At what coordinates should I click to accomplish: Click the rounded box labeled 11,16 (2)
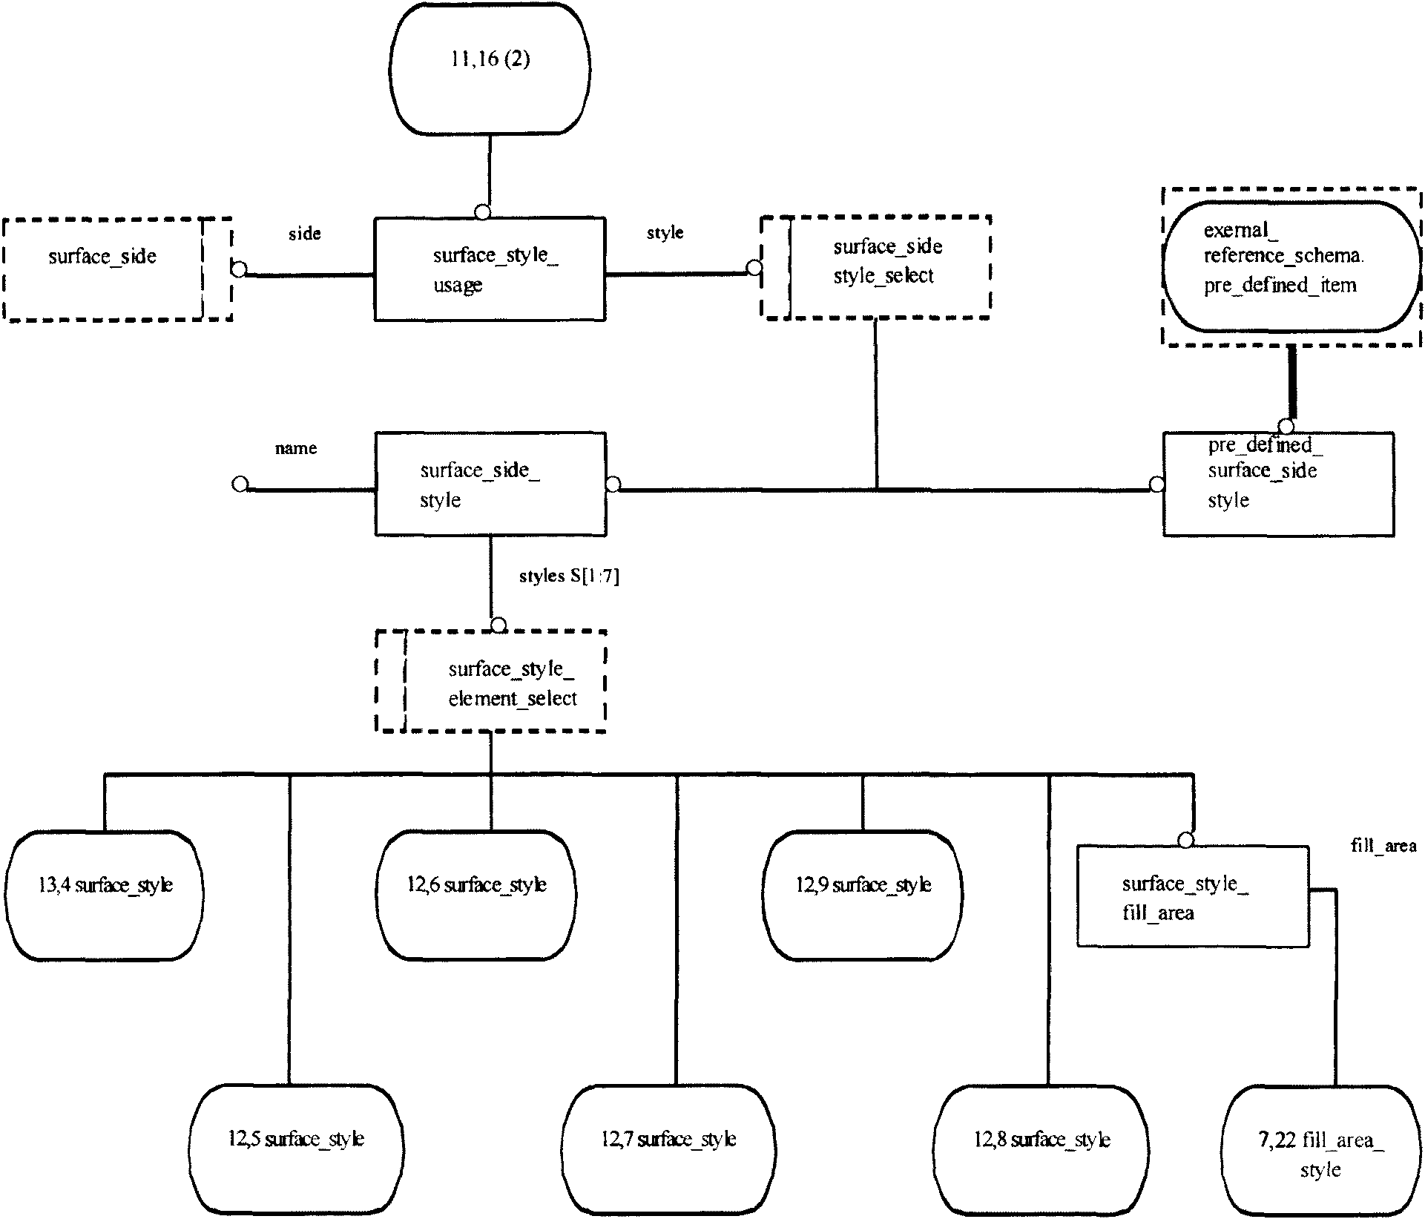490,68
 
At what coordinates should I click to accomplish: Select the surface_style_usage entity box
490,269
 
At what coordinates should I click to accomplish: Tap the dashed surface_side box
118,269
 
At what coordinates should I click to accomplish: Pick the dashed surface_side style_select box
876,267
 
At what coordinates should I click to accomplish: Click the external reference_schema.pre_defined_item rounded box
1291,266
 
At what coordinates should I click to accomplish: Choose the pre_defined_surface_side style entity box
1278,484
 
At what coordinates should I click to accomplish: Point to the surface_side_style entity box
490,484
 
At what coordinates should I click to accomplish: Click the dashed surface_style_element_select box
491,681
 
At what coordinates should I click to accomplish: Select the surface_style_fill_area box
1193,896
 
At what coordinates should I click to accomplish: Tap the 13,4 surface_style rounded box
105,896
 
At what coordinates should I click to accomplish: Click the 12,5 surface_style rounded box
296,1149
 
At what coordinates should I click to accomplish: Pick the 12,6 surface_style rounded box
476,896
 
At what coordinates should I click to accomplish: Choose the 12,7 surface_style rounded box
668,1149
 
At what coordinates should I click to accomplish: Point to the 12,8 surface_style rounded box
1041,1149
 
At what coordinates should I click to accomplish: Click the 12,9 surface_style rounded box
863,896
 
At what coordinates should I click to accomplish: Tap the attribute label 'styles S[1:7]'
569,576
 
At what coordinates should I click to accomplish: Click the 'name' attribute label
296,448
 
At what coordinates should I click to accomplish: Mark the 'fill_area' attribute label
1383,846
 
